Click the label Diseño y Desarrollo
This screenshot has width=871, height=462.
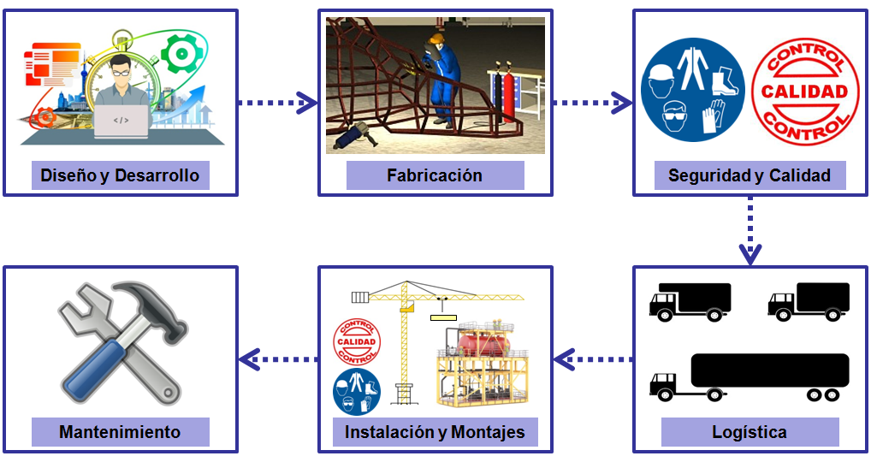120,176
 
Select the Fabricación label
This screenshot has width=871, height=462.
435,176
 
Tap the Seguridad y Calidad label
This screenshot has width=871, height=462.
750,176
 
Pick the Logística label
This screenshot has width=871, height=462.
750,432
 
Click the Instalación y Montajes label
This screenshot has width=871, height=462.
435,432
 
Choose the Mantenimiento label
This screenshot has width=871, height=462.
120,432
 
